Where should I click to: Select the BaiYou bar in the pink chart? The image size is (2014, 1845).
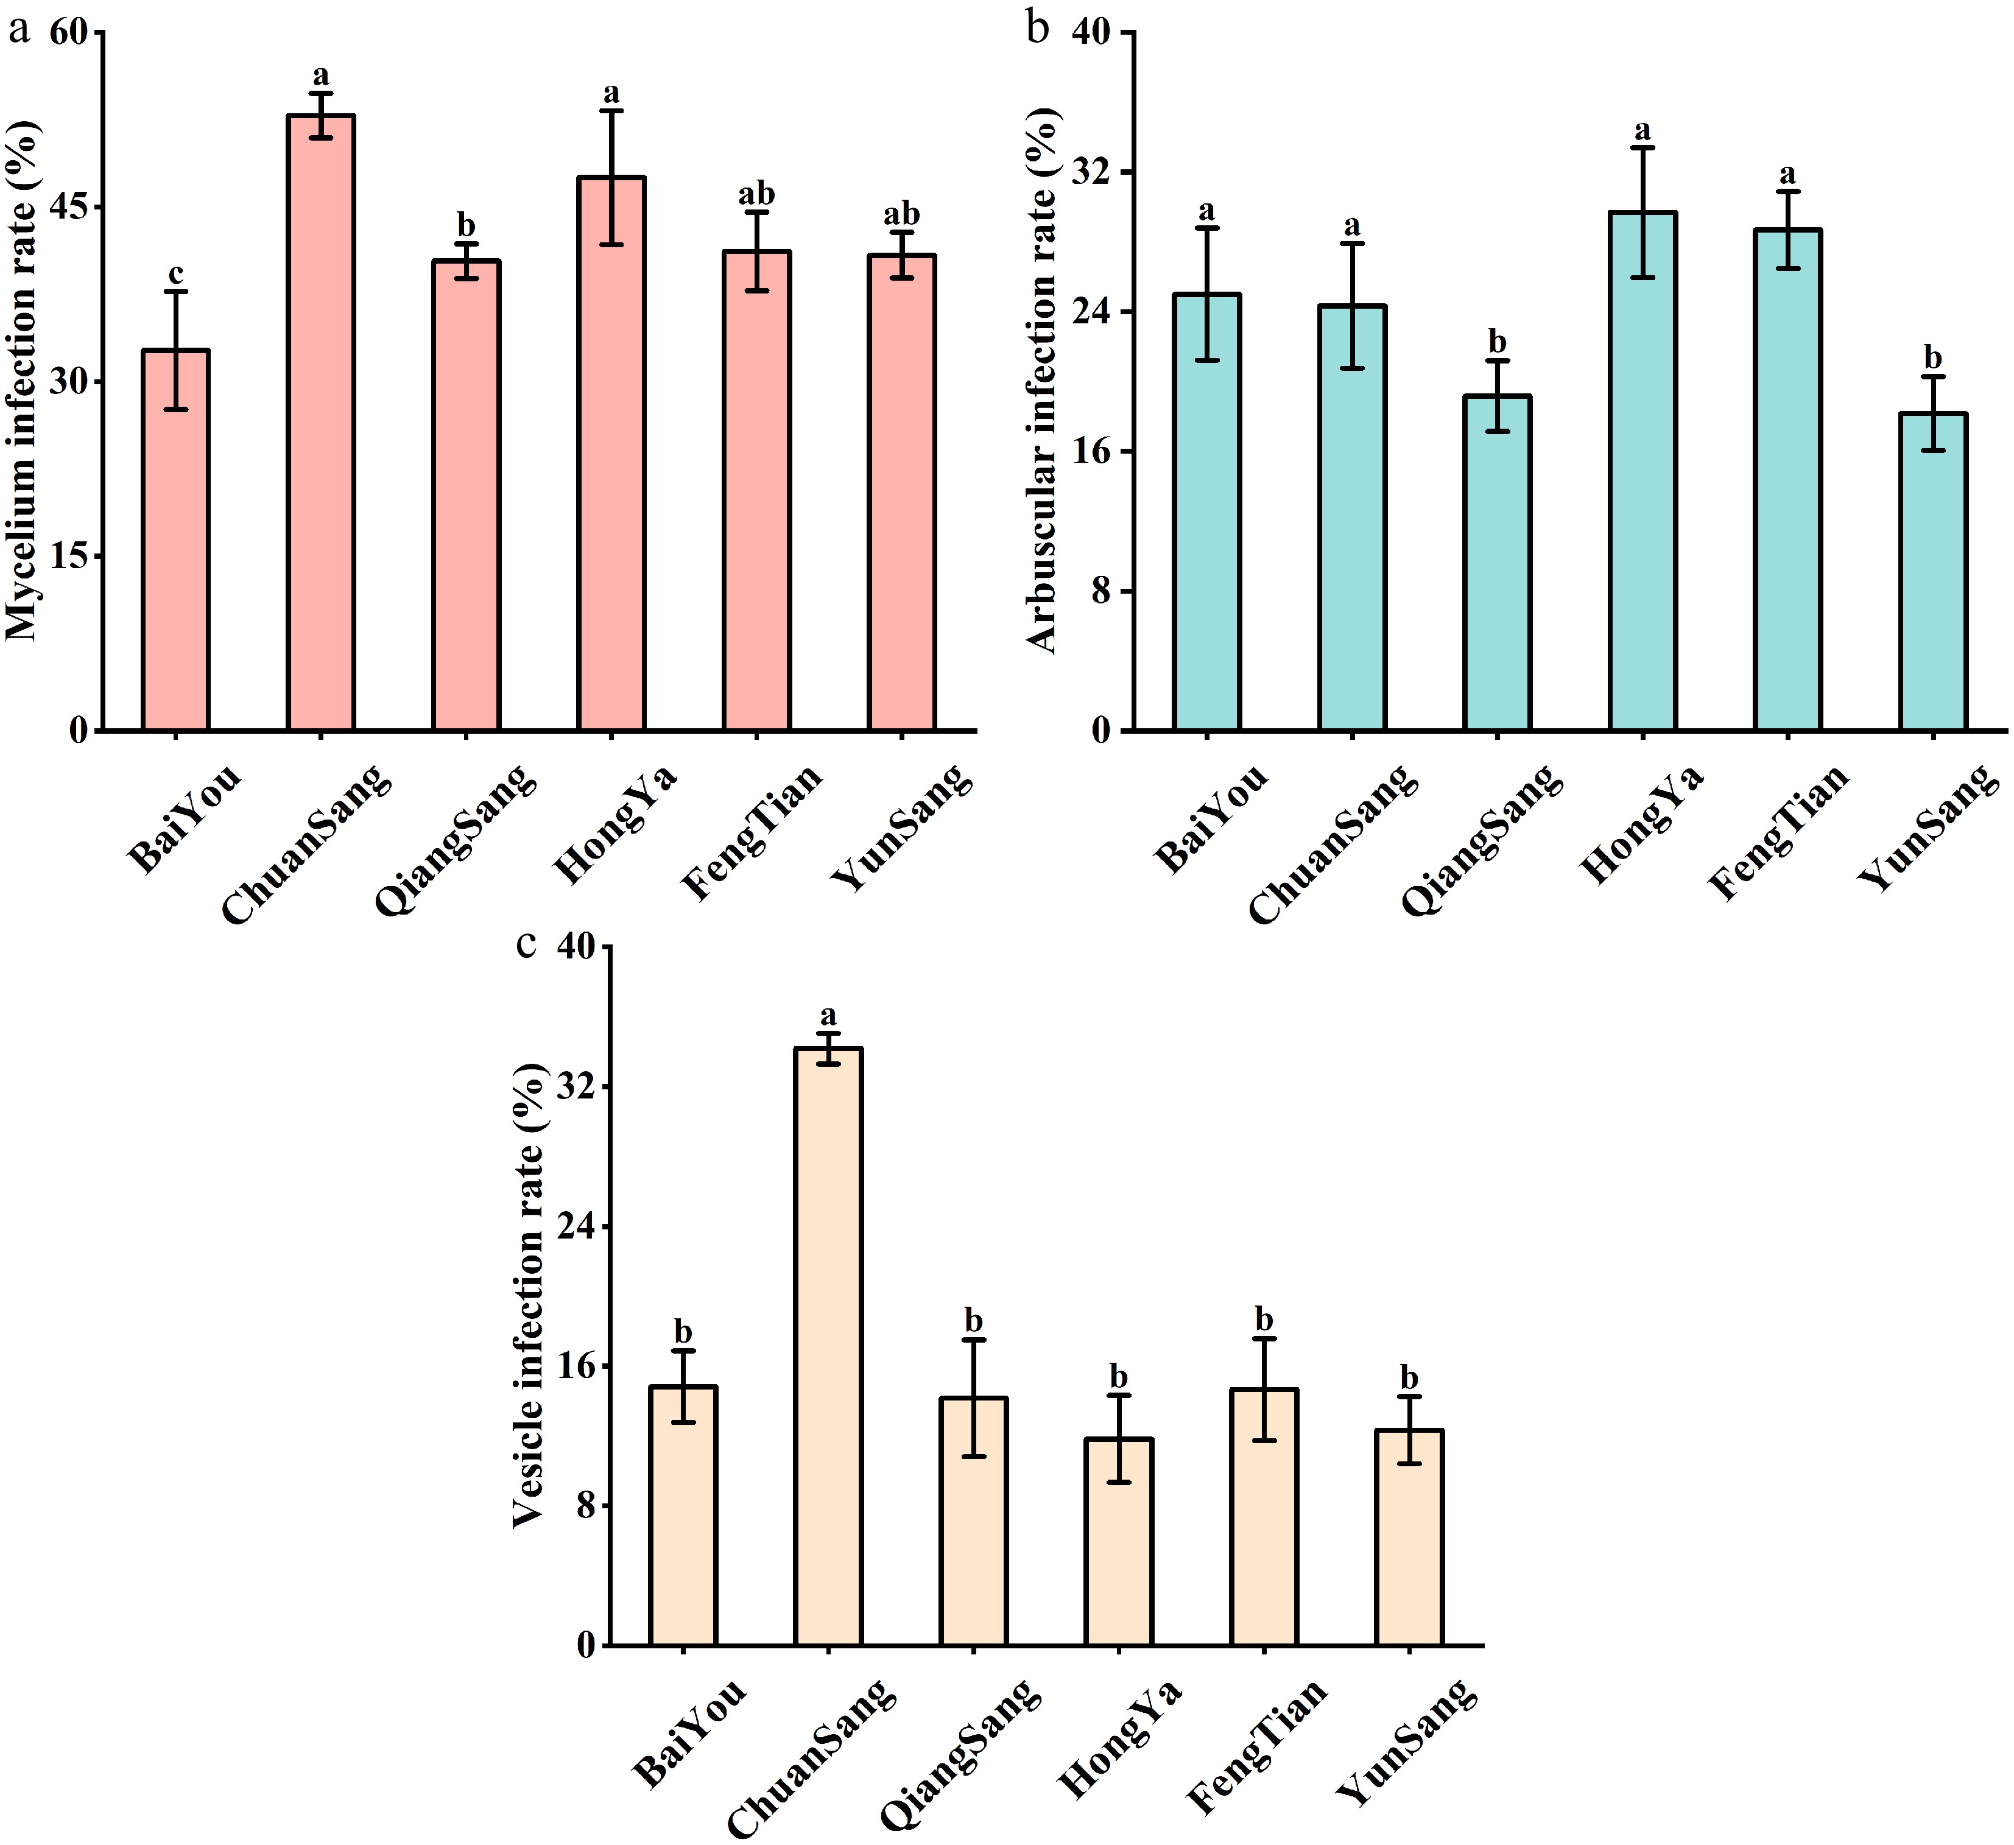click(176, 539)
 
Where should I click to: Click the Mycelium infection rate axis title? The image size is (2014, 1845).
click(24, 379)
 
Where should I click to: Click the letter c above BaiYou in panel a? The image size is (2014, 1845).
click(176, 273)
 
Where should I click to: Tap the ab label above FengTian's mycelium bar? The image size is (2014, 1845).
click(756, 194)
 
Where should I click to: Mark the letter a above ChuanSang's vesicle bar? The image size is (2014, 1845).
click(828, 1016)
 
